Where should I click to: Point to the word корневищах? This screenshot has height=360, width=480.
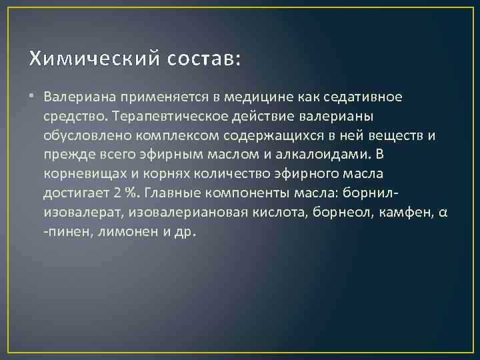tap(81, 175)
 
